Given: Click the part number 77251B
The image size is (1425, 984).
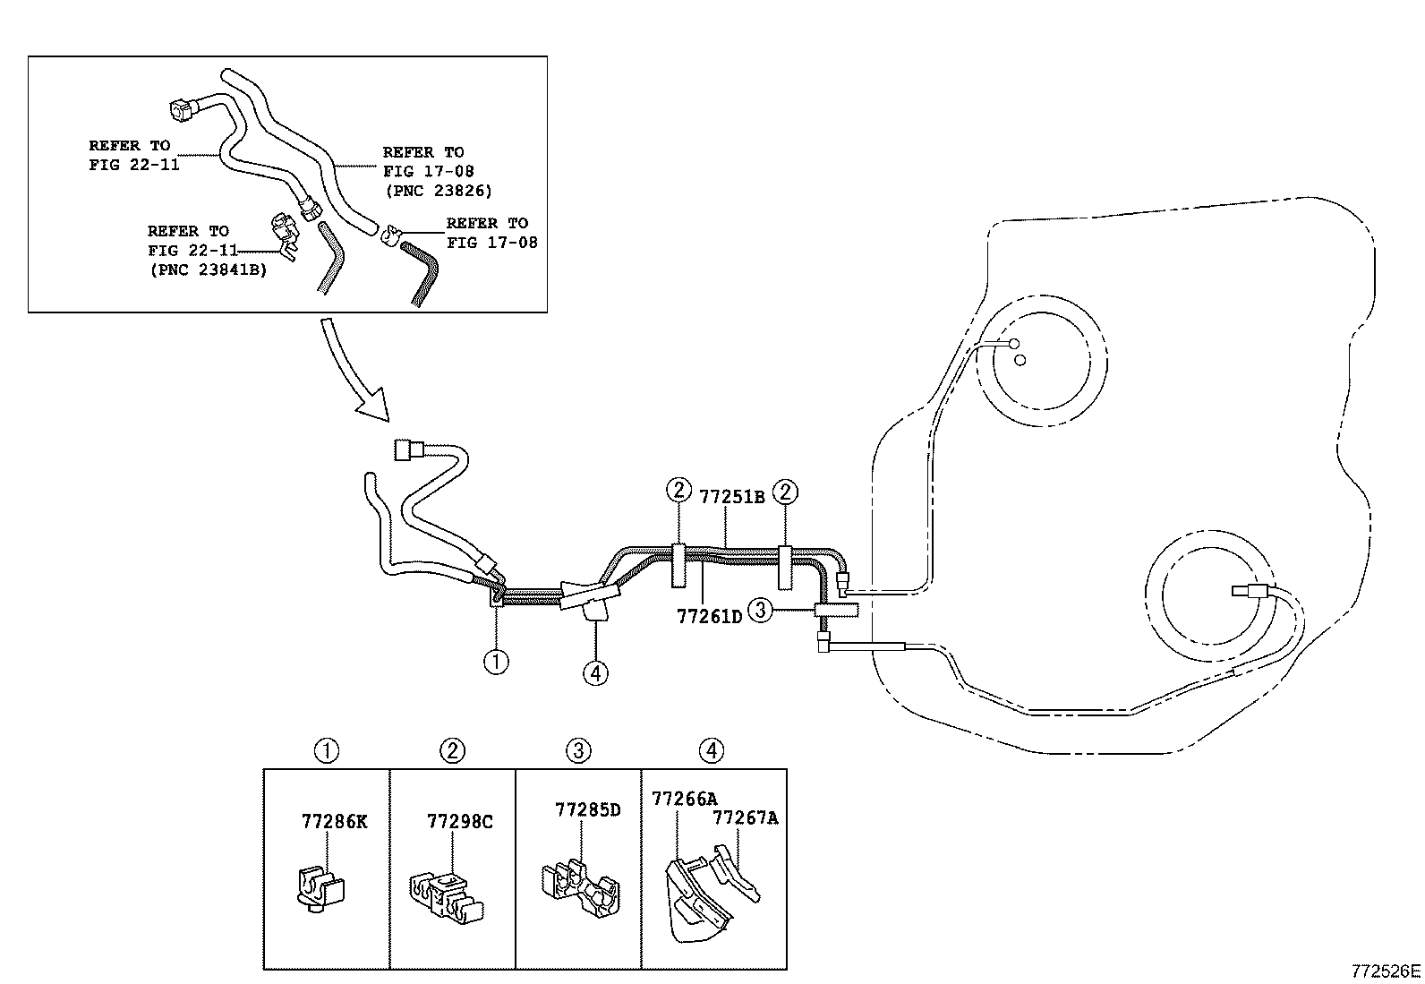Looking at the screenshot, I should click(731, 496).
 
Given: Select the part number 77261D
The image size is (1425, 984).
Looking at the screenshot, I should click(710, 616).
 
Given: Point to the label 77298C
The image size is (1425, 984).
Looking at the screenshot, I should click(460, 821).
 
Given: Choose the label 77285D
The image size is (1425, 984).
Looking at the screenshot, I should click(588, 809).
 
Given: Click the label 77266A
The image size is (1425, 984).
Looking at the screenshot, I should click(685, 799).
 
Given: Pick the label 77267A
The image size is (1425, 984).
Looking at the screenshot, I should click(746, 817).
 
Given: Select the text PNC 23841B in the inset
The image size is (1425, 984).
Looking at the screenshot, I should click(208, 269).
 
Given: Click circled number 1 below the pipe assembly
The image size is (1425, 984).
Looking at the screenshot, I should click(496, 662).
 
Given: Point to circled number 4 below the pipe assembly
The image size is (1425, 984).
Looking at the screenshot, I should click(595, 672).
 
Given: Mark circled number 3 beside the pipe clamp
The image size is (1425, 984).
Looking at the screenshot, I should click(759, 611).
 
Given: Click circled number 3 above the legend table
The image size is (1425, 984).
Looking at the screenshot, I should click(579, 750).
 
